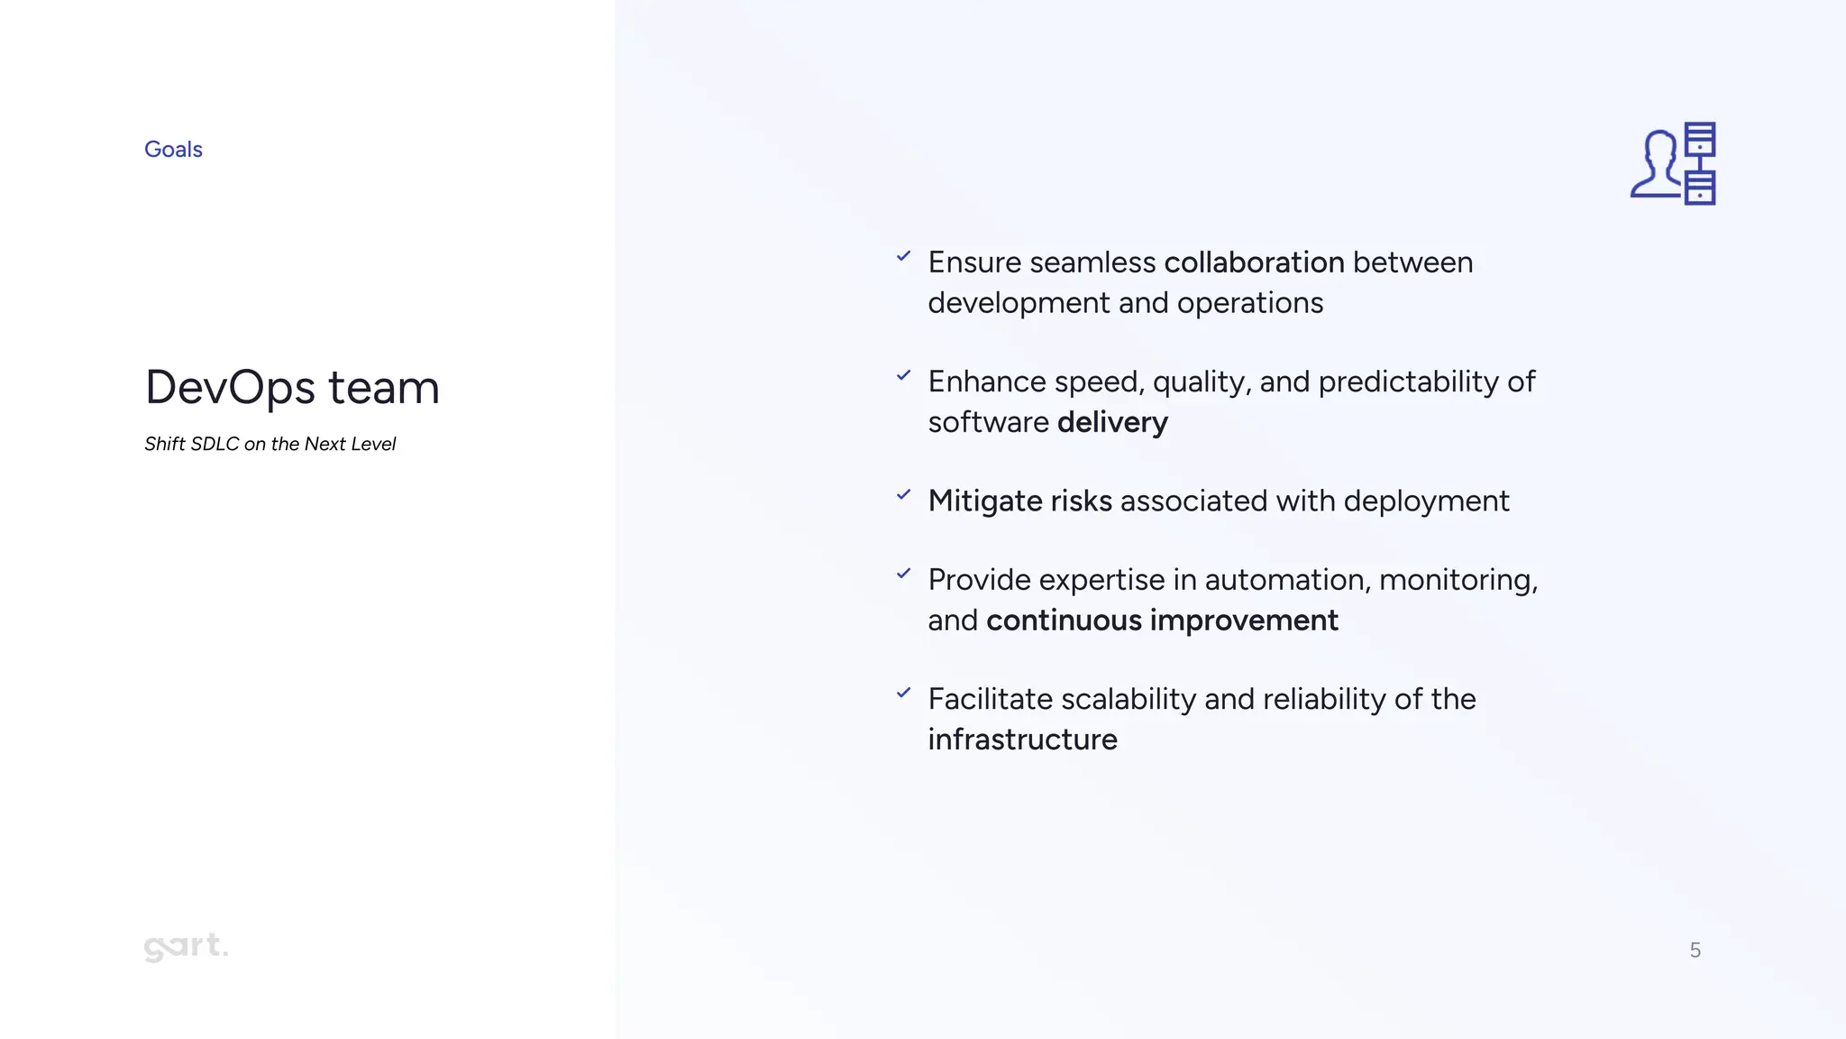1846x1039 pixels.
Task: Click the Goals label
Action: point(173,149)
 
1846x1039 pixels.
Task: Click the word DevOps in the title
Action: point(231,388)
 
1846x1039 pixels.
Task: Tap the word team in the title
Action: point(383,388)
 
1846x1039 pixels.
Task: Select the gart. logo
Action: point(186,946)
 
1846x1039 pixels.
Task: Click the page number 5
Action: point(1695,950)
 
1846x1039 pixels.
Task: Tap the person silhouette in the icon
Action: point(1657,164)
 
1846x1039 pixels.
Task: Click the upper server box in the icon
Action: point(1700,139)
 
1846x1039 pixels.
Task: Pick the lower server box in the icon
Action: point(1700,188)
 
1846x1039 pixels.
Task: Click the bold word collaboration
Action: point(1254,262)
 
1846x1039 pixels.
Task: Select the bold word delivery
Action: point(1112,422)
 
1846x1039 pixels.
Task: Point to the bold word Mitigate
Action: point(985,501)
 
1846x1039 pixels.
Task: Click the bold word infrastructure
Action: point(1022,740)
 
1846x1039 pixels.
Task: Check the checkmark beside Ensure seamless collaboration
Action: point(903,256)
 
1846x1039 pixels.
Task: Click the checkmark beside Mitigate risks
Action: point(903,494)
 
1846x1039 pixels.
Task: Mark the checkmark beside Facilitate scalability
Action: point(903,693)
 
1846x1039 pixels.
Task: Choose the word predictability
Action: point(1414,382)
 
